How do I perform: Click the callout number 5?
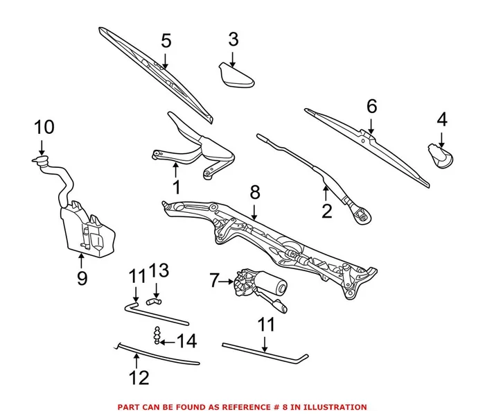point(166,41)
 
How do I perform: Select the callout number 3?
point(233,39)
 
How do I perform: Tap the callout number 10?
point(44,128)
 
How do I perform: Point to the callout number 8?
point(254,192)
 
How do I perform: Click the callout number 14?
point(186,341)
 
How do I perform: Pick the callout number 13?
point(159,269)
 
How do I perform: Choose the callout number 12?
point(139,378)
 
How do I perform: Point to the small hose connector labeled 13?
point(155,300)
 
